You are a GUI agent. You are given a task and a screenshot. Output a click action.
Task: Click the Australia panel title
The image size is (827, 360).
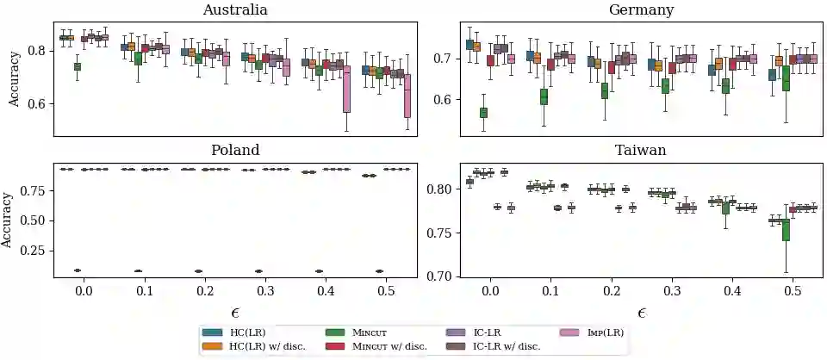(234, 10)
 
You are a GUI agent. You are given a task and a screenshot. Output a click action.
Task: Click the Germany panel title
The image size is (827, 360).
(641, 10)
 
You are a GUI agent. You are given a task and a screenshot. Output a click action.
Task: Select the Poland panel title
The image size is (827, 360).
(234, 150)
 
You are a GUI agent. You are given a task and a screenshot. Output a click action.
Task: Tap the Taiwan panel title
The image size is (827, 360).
(641, 150)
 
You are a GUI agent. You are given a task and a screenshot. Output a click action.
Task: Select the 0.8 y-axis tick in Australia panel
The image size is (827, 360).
(39, 51)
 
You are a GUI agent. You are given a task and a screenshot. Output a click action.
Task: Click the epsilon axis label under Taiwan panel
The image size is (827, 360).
(641, 313)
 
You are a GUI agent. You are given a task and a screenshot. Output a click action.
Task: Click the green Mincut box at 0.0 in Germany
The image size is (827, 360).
(483, 113)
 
